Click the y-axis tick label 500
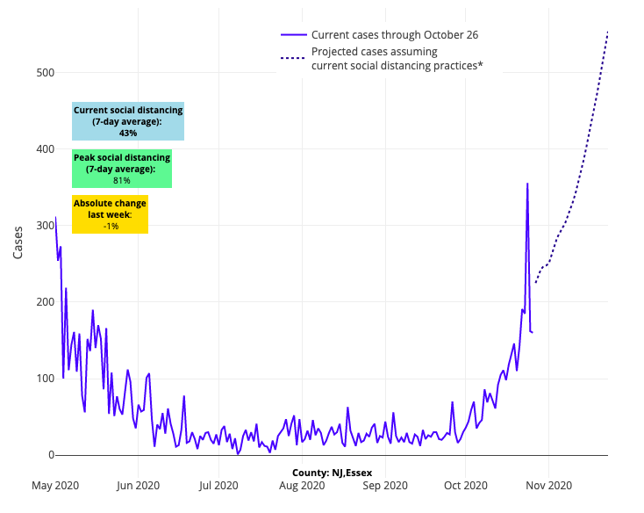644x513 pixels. [x=38, y=73]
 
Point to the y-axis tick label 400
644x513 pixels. [x=38, y=149]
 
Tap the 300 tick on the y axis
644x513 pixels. [x=38, y=226]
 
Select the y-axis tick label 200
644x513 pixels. [x=38, y=302]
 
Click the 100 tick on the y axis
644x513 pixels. [x=38, y=379]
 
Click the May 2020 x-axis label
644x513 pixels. [x=54, y=485]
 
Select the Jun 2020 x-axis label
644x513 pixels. [x=138, y=485]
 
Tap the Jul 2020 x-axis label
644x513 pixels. [x=218, y=485]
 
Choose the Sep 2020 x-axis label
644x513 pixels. [x=384, y=485]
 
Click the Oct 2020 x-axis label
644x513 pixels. [x=465, y=485]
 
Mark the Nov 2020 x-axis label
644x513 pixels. [x=548, y=485]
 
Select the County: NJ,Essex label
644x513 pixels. [x=332, y=473]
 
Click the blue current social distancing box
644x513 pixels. [x=128, y=121]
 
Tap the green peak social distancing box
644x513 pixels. [x=122, y=169]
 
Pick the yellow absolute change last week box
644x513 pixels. [x=110, y=214]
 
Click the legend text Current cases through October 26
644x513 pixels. [x=394, y=35]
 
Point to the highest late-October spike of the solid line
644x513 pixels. [x=527, y=184]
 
